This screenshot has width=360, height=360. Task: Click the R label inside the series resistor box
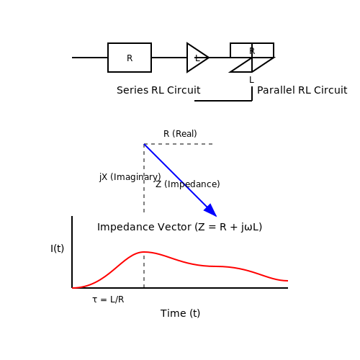tap(130, 58)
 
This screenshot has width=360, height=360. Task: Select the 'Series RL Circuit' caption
tap(158, 90)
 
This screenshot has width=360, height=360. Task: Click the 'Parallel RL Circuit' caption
tap(302, 90)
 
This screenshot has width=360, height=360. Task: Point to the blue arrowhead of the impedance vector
tap(211, 210)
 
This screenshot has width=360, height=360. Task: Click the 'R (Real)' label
tap(180, 134)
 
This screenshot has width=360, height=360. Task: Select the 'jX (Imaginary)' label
tap(130, 177)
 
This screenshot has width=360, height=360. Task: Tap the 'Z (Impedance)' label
tap(188, 184)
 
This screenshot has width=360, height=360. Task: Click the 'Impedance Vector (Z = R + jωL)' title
tap(179, 227)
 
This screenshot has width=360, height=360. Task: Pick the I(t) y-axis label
tap(58, 248)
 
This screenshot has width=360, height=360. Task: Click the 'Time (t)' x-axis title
tap(180, 313)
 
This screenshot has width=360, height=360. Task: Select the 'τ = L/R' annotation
tap(108, 300)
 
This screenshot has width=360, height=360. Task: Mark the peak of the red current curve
tap(144, 252)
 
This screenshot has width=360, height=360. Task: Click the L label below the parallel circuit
tap(251, 80)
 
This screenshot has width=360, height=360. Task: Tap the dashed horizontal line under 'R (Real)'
tap(179, 144)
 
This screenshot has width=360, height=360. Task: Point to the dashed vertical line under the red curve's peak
tap(144, 270)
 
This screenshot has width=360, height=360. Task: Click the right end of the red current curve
tap(287, 281)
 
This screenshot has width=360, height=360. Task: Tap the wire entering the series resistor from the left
tap(90, 58)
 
